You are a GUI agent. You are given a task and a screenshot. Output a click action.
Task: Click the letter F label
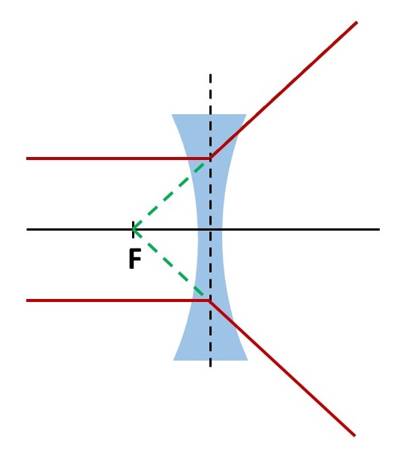point(135,258)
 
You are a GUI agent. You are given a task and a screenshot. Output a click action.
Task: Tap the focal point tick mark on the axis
point(134,229)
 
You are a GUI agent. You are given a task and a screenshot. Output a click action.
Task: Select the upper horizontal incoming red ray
point(119,159)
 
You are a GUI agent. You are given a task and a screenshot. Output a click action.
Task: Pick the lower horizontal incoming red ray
point(118,300)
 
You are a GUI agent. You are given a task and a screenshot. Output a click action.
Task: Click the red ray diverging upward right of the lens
point(284,90)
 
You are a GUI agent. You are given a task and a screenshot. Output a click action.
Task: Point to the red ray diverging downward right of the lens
point(282,368)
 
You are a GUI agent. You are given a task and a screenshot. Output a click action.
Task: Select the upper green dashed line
point(169,195)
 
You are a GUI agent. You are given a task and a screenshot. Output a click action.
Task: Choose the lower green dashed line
point(168,262)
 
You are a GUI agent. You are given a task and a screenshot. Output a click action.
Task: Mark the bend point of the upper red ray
point(210,159)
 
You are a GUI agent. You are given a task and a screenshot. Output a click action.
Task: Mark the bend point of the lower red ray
point(210,300)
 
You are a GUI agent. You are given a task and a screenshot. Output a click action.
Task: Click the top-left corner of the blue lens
point(172,114)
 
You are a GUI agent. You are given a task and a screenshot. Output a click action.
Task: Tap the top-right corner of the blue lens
point(247,114)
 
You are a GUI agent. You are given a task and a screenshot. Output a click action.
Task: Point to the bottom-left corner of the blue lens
point(173,360)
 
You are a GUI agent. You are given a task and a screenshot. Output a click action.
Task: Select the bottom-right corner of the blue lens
point(248,360)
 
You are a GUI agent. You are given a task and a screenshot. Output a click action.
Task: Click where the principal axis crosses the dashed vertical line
point(210,229)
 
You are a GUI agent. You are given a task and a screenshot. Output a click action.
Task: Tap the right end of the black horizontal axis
point(380,229)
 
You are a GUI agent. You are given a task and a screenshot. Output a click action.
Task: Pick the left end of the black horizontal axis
point(27,229)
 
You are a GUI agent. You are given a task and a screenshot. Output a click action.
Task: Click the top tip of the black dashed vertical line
point(210,74)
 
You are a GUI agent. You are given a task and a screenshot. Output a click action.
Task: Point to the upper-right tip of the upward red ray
point(357,22)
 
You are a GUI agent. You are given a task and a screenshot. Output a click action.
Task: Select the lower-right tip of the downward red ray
point(355,436)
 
